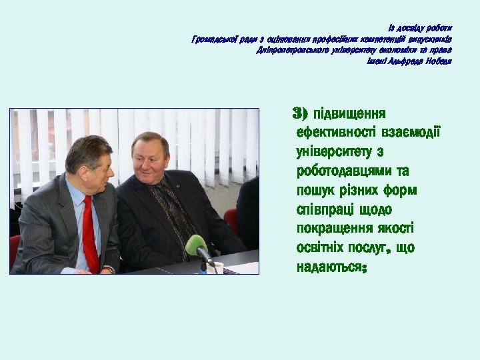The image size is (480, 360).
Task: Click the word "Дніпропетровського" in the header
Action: pos(289,50)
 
